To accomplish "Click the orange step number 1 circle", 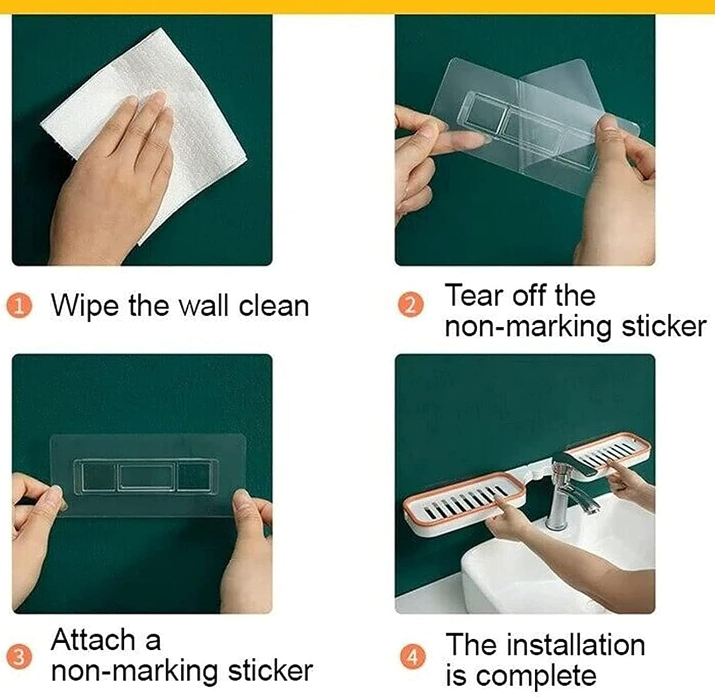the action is click(x=19, y=306).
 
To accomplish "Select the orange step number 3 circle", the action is click(x=19, y=657).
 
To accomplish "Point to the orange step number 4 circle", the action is click(x=412, y=657).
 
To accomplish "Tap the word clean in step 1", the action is click(x=274, y=305).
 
